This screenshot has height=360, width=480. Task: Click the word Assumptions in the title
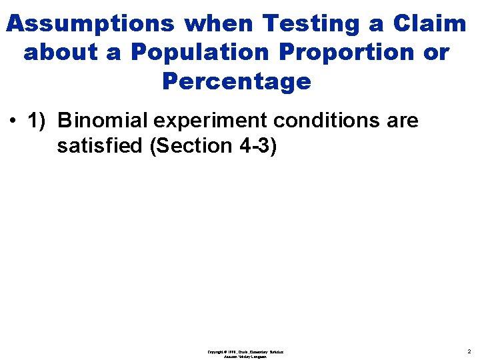89,24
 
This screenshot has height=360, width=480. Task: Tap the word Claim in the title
429,24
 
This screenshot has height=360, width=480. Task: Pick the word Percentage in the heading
236,81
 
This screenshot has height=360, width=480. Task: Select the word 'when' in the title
219,24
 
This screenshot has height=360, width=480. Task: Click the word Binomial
103,121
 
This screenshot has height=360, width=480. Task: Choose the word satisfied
101,145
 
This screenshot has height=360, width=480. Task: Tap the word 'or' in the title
437,52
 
